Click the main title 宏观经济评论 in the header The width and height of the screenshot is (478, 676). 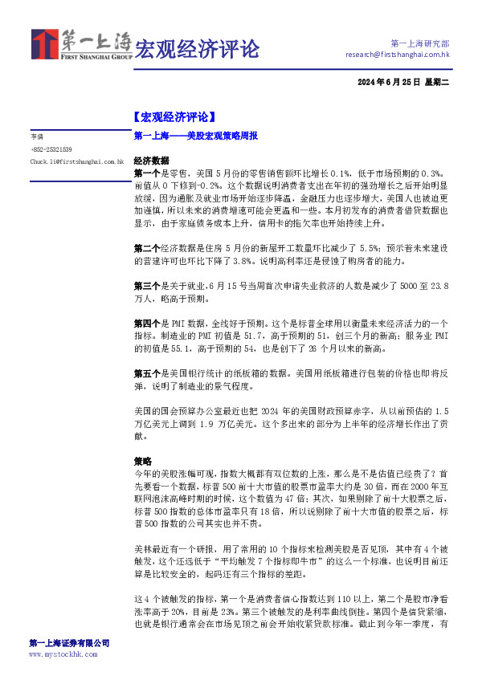(197, 49)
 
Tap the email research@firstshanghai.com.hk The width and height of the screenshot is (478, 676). (397, 55)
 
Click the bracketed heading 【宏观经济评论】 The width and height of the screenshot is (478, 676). (174, 117)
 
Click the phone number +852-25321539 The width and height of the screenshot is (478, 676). (51, 149)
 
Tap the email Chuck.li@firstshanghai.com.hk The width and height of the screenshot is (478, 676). (76, 161)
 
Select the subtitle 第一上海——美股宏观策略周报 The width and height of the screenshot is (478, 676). (196, 136)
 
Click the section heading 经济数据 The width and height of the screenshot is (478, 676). (151, 160)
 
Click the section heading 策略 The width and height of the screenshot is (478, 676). (141, 462)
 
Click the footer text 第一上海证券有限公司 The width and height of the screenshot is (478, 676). (68, 643)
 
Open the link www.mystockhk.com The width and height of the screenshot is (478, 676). (62, 654)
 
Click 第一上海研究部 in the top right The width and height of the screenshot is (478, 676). (419, 43)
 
